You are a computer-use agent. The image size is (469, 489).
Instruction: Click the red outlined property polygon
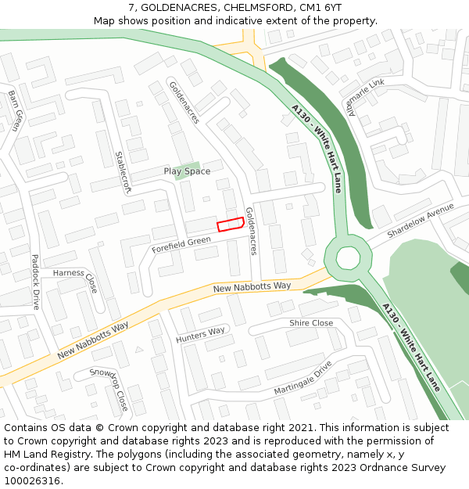coord(228,224)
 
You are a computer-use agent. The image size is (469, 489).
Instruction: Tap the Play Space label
coord(187,171)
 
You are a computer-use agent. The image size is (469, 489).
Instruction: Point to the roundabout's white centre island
coord(348,257)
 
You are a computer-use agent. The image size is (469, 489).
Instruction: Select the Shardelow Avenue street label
coord(421,222)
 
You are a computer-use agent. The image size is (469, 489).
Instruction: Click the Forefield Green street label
coord(181,246)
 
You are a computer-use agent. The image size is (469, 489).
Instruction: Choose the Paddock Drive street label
coord(35,282)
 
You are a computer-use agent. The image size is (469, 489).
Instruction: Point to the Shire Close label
coord(311,323)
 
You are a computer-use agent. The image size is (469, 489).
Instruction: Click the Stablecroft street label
coord(123,173)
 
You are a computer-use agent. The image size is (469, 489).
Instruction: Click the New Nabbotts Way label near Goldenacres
coord(252,288)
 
